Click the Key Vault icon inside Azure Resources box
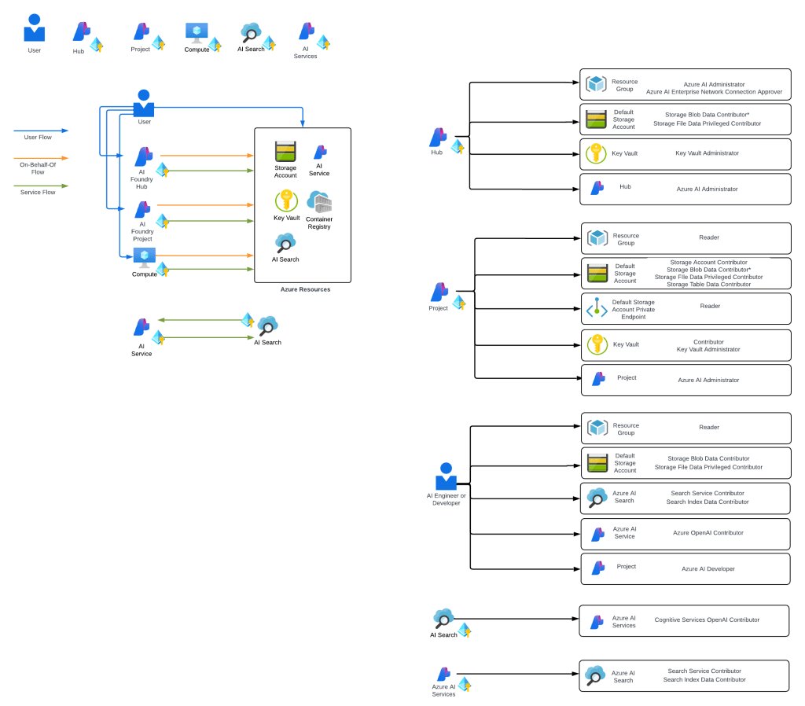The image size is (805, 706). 286,200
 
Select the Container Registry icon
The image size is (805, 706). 319,203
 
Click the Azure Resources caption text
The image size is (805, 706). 305,289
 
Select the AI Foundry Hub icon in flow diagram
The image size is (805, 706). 143,156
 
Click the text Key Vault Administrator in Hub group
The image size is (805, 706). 707,153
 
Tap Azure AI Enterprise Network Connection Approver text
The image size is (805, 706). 714,92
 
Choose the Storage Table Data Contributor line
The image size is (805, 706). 708,284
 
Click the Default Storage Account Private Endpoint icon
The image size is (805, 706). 597,310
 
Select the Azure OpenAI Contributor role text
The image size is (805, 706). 708,533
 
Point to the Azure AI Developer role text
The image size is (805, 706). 708,568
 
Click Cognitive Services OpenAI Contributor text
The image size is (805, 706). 707,620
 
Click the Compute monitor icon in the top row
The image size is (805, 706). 196,32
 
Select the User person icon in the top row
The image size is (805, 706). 35,28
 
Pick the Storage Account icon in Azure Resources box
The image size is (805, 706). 285,151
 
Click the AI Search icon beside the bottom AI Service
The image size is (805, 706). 268,325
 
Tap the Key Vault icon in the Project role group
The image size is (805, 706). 597,344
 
